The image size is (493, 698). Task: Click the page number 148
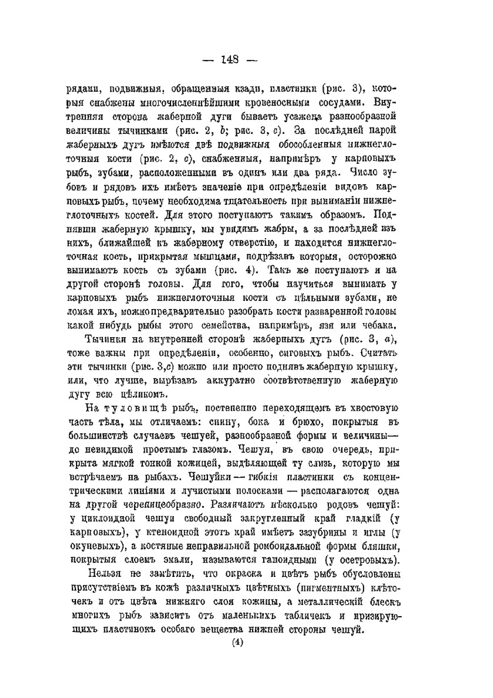[x=231, y=60]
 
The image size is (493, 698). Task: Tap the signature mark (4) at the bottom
[x=238, y=642]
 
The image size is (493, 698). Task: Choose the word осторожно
[x=373, y=256]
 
